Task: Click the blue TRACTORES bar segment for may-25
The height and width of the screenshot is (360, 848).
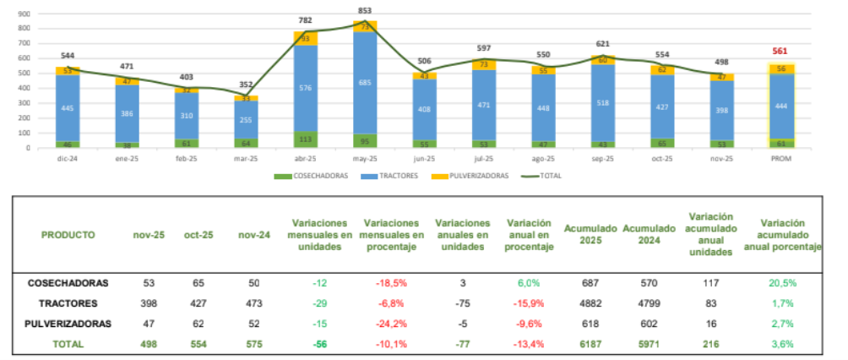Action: point(365,83)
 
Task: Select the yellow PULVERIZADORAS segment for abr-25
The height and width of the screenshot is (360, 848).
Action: point(306,38)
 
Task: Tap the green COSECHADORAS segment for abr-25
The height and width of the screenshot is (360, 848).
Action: point(306,139)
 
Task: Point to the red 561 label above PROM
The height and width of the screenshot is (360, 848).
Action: point(780,50)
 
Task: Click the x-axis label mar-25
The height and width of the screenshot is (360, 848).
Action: point(247,158)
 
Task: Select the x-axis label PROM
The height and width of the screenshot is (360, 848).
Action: point(780,158)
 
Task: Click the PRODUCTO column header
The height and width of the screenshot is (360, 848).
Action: point(68,235)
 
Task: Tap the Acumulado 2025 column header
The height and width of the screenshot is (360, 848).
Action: point(591,235)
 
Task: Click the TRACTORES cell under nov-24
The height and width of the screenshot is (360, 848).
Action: point(252,303)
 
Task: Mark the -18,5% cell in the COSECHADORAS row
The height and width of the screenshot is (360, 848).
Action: point(393,282)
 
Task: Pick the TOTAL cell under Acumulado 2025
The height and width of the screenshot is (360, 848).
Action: point(591,344)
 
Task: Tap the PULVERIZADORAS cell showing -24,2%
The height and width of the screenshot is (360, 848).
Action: point(393,324)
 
